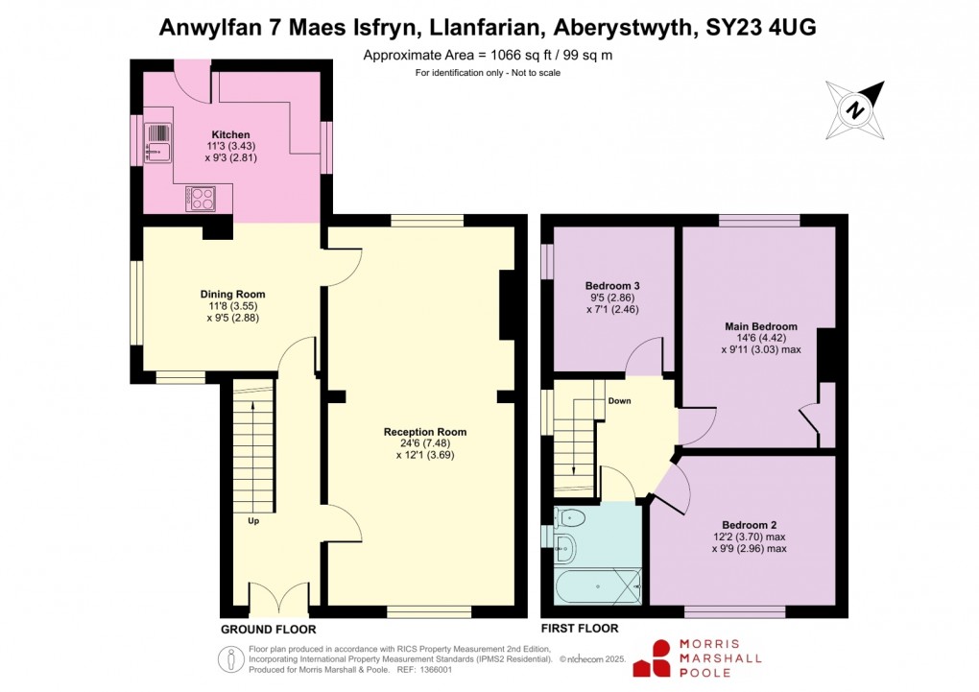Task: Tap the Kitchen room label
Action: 230,134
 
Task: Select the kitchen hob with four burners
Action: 203,199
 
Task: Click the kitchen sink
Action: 156,142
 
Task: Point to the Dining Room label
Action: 232,294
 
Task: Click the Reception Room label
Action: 425,432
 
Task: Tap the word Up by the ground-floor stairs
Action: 253,521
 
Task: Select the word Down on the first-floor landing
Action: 618,400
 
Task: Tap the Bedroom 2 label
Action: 749,524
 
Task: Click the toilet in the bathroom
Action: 572,518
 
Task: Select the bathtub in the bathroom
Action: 597,584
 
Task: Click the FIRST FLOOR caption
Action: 580,629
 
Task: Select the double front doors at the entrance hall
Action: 279,599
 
